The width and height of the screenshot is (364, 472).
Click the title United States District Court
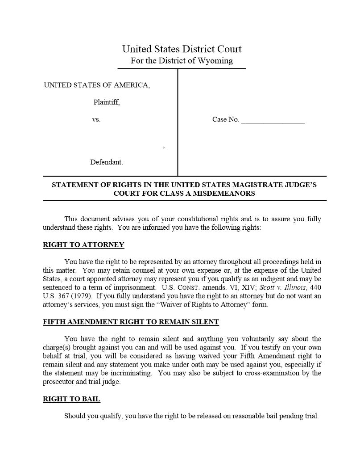pyautogui.click(x=182, y=49)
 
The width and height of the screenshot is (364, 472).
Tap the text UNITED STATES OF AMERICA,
pyautogui.click(x=97, y=85)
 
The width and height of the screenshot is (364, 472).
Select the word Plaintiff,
pyautogui.click(x=107, y=102)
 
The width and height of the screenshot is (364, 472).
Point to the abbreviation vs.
pyautogui.click(x=96, y=119)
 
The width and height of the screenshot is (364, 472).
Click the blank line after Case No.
pyautogui.click(x=273, y=120)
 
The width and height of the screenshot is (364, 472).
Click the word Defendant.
pyautogui.click(x=107, y=162)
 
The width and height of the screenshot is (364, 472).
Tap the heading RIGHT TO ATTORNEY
pyautogui.click(x=83, y=245)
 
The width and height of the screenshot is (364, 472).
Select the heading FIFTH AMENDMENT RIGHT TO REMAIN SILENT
pyautogui.click(x=131, y=322)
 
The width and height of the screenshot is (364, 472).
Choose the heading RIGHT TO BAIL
pyautogui.click(x=71, y=399)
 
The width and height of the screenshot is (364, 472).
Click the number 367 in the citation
pyautogui.click(x=63, y=296)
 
